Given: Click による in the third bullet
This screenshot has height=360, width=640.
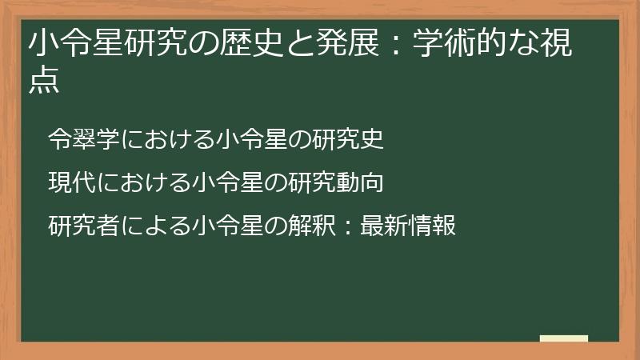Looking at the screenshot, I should coord(157,226).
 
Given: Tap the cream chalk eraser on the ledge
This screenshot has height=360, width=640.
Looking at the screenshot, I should coord(564,339).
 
